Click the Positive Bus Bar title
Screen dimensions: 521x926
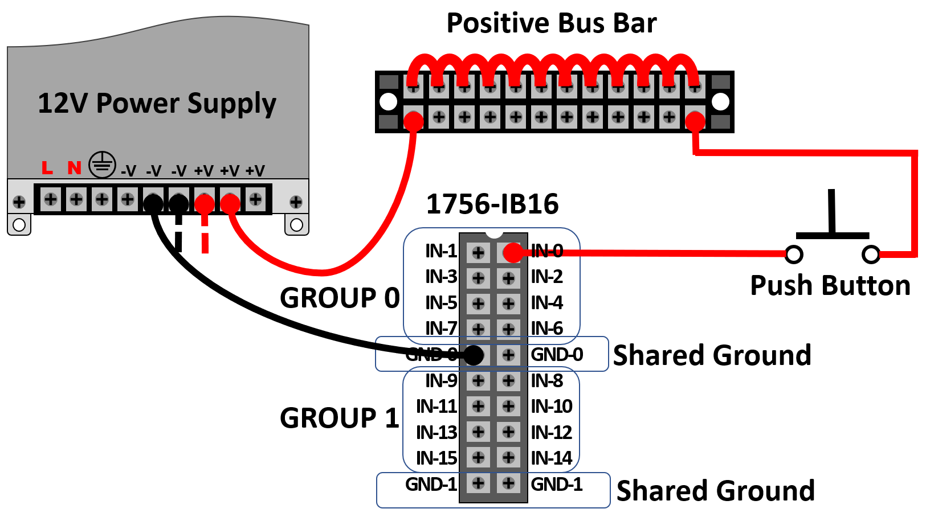tap(551, 24)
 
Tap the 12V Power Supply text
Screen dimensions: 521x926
tap(157, 104)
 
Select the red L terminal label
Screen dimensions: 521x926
tap(47, 168)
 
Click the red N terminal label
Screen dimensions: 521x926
tap(74, 168)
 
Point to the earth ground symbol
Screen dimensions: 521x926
tap(102, 165)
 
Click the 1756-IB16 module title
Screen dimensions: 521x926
tap(492, 204)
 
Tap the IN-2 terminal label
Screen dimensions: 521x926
tap(546, 277)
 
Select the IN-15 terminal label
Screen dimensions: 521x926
tap(437, 458)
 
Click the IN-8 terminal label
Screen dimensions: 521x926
tap(546, 380)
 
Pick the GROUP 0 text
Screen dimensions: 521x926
tap(340, 298)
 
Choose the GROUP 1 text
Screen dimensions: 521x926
tap(340, 419)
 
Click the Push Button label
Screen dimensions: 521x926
tap(830, 286)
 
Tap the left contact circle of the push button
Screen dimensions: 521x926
tap(794, 254)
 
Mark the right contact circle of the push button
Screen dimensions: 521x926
tap(871, 254)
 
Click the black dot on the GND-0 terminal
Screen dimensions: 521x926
tap(474, 355)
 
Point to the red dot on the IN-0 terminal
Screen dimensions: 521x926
tap(513, 252)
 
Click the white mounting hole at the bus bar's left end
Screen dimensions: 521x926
tap(388, 102)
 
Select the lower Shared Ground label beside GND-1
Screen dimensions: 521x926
tap(715, 491)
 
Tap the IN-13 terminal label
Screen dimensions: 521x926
tap(437, 432)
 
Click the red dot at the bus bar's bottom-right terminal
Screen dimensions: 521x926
tap(695, 121)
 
